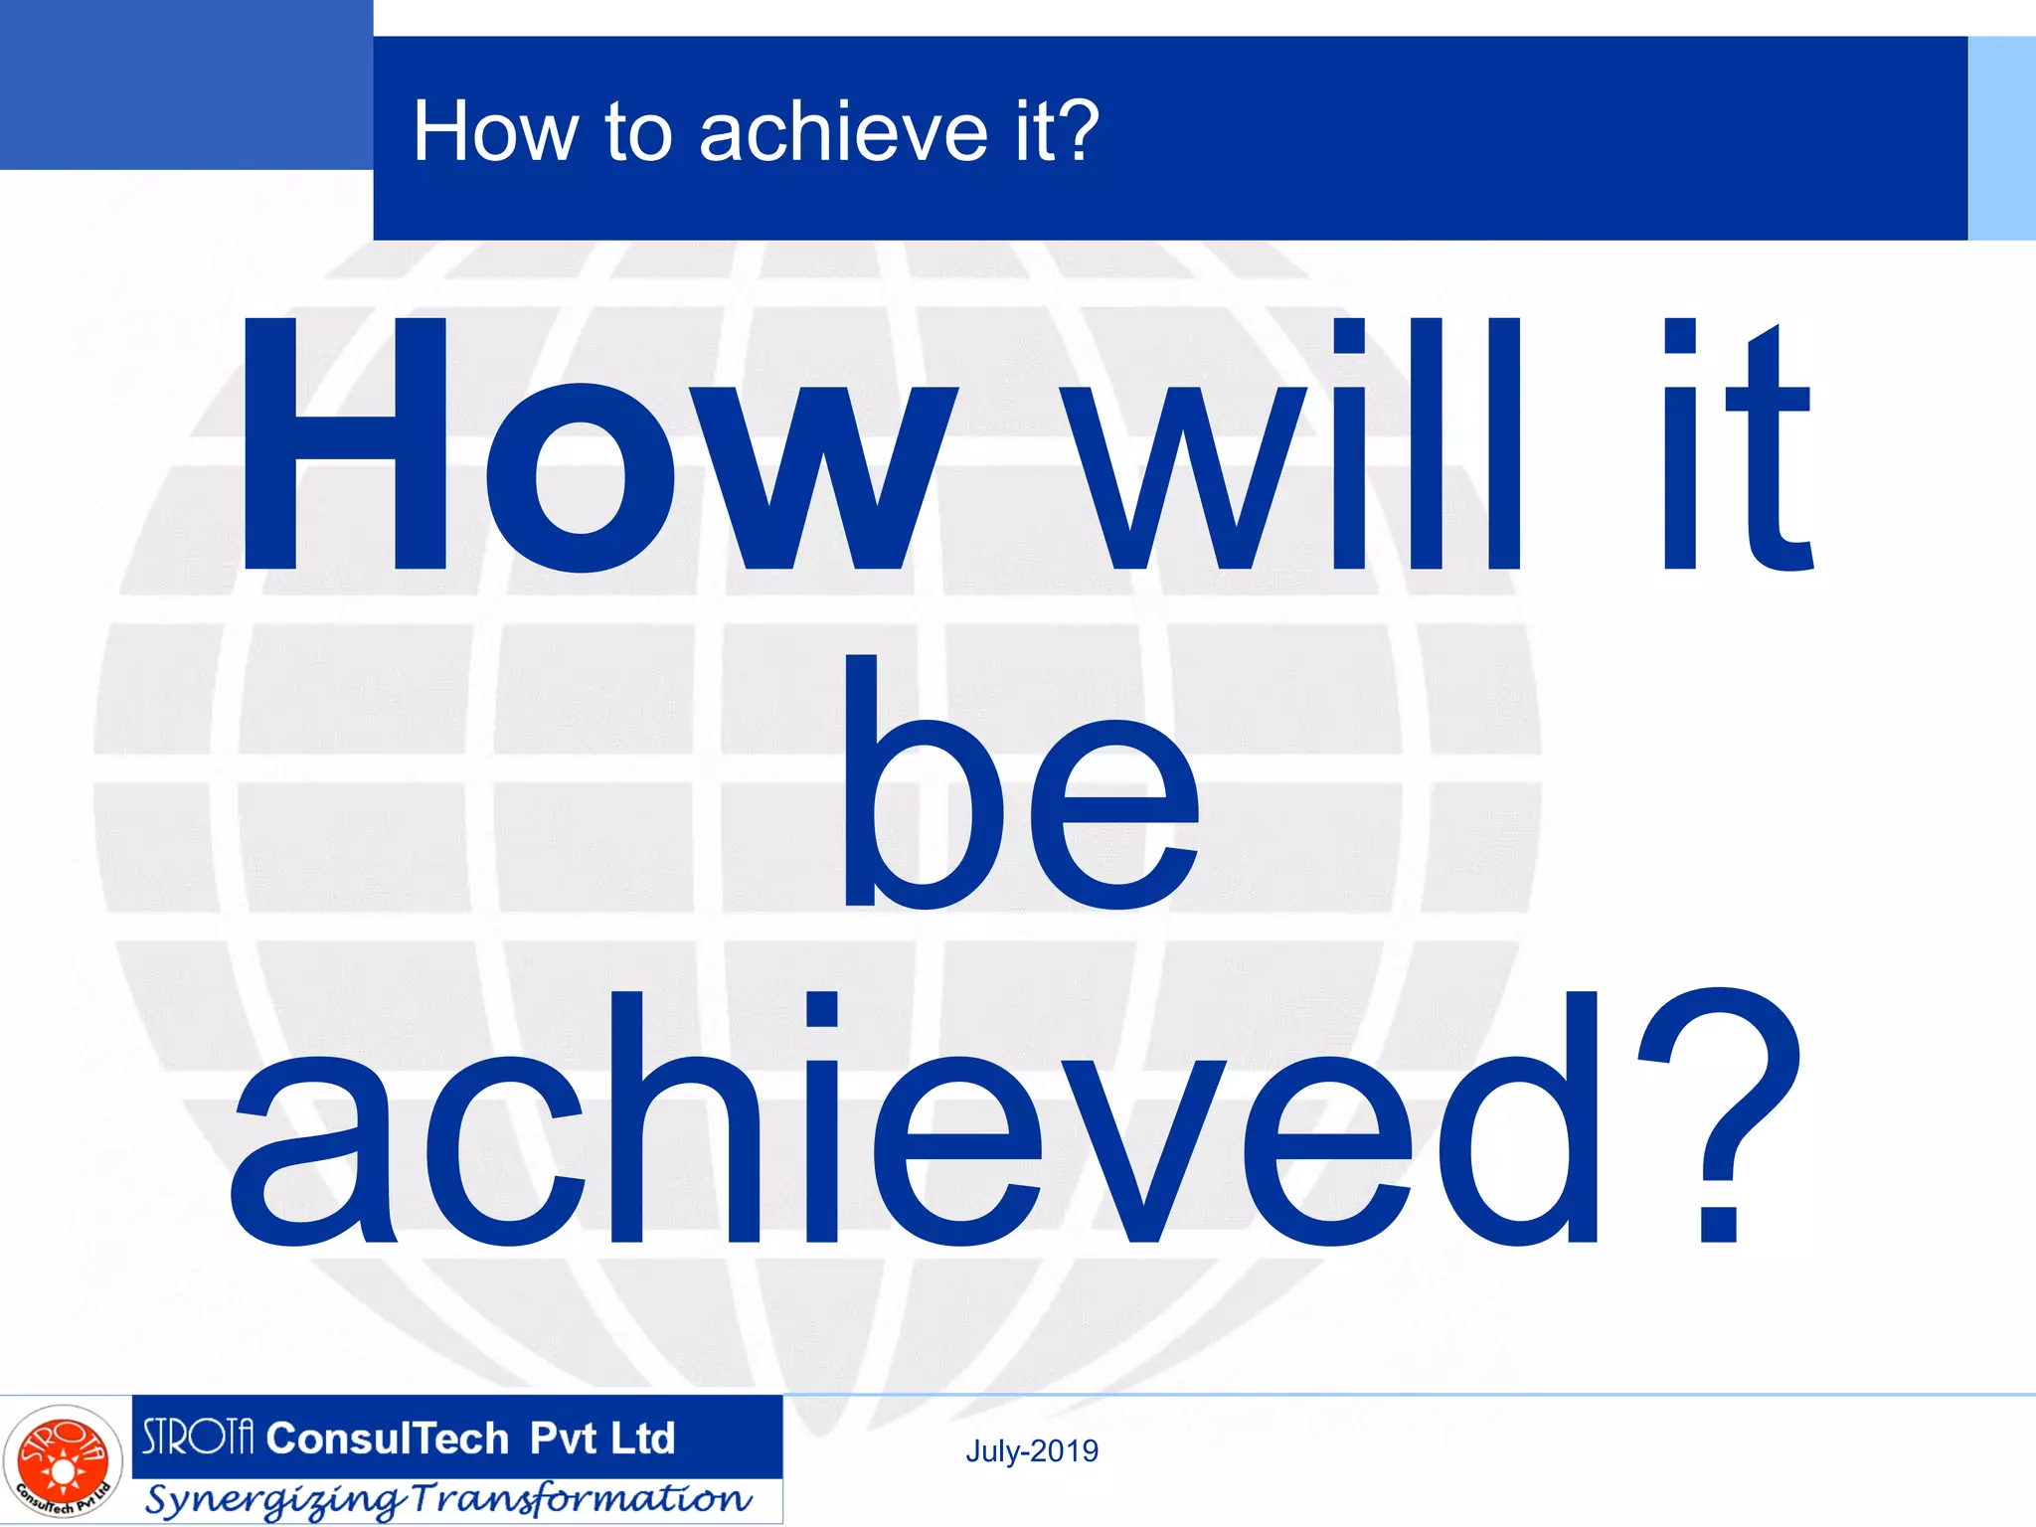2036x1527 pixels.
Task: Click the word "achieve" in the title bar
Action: coord(843,131)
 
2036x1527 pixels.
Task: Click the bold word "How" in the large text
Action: coord(596,447)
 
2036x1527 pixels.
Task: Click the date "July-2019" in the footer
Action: coord(1032,1451)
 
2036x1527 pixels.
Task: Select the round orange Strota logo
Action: coord(63,1462)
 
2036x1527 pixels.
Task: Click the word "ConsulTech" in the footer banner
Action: coord(388,1439)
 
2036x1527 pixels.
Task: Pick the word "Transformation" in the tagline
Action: coord(582,1498)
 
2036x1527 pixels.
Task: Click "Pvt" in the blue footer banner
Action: coord(563,1439)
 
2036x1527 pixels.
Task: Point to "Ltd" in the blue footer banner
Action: coord(642,1439)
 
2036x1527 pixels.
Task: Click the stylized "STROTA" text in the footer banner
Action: coord(198,1438)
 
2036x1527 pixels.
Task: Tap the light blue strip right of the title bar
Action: coord(2001,138)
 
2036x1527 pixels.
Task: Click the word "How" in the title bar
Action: coord(495,131)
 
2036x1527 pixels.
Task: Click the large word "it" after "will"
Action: coord(1740,447)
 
